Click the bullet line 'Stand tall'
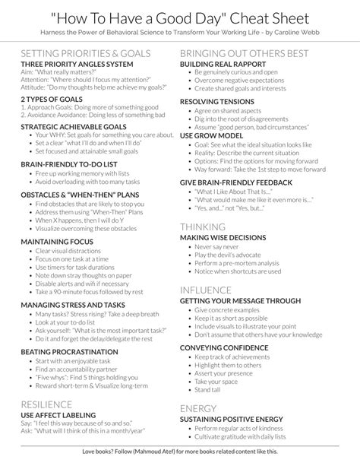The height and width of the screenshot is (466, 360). coord(209,389)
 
